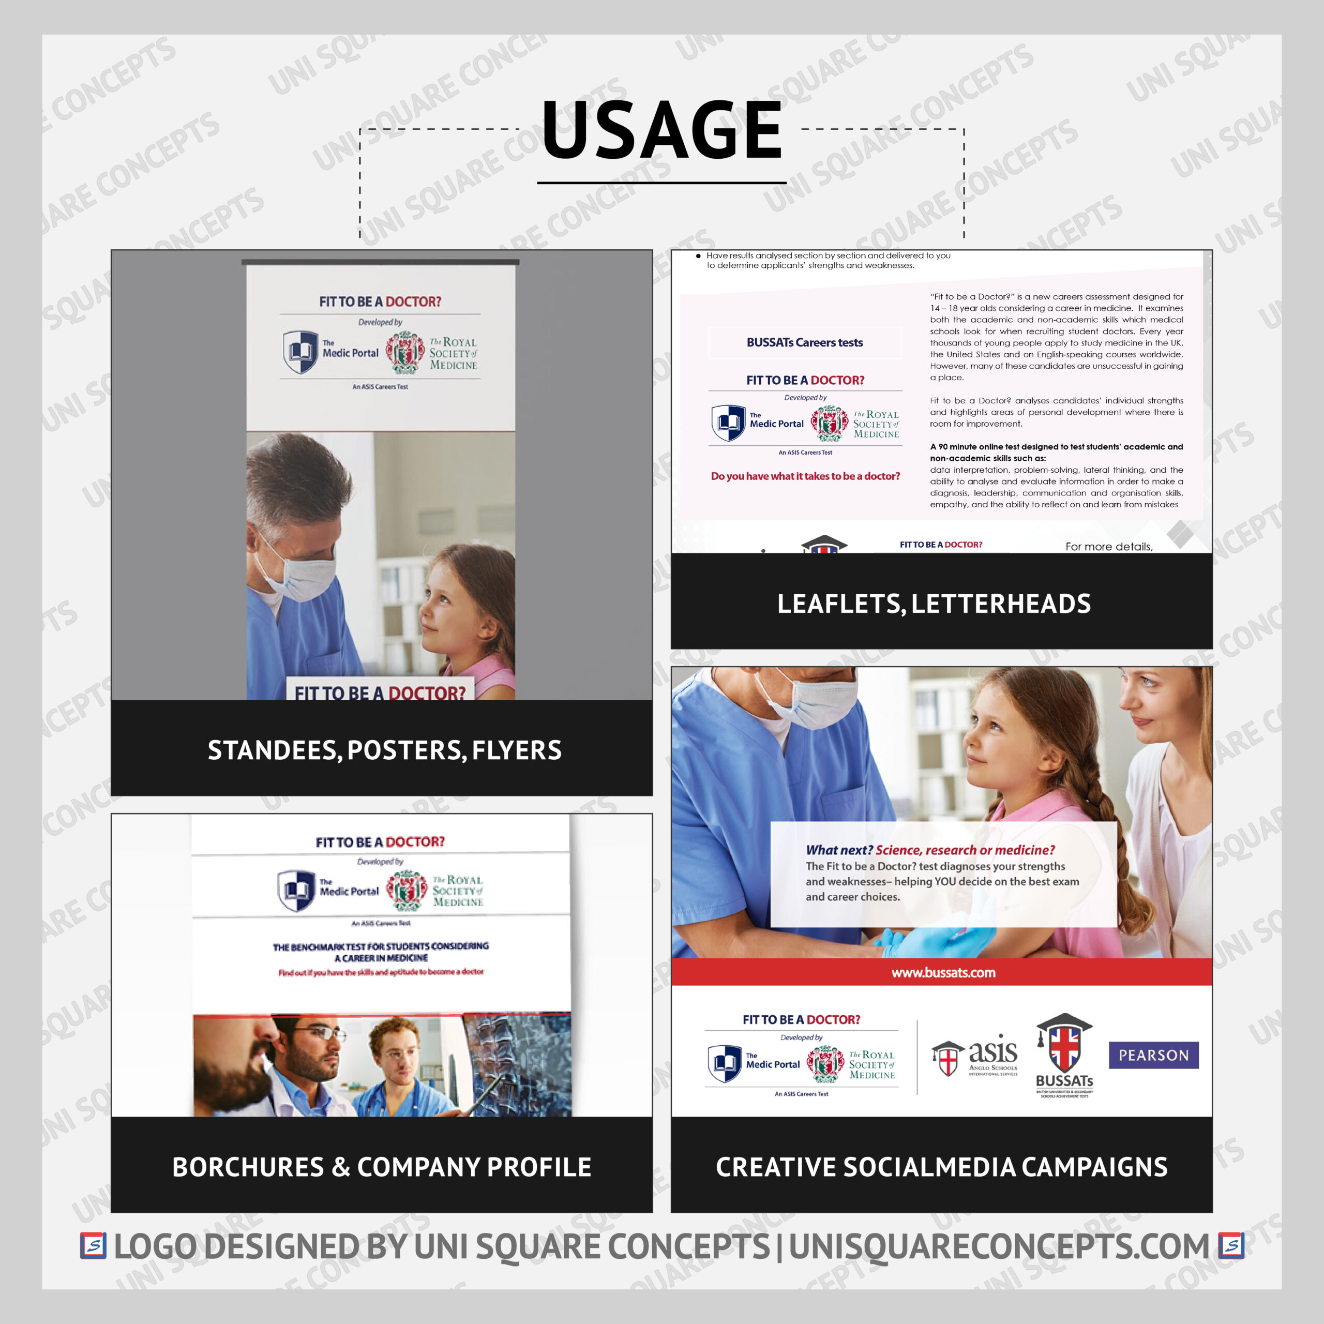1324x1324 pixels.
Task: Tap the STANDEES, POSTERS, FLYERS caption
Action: coord(384,750)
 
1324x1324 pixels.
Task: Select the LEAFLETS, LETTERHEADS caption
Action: coord(934,604)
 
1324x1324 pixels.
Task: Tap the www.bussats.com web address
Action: coord(943,972)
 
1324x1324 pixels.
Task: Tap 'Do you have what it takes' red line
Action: coord(805,476)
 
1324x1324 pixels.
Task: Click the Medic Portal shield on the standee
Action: coord(299,352)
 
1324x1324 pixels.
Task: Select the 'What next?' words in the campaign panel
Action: coord(839,850)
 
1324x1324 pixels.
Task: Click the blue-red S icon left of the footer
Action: coord(93,1246)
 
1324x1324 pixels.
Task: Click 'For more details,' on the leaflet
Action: coord(1109,547)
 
